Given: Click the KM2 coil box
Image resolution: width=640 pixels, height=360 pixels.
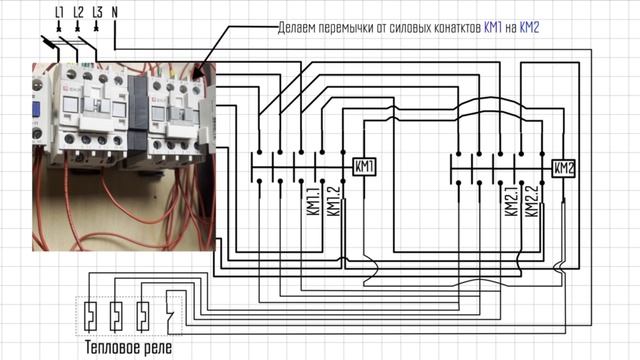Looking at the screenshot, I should click(563, 167).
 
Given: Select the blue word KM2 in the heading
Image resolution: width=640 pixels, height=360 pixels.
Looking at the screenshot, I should click(528, 27).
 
